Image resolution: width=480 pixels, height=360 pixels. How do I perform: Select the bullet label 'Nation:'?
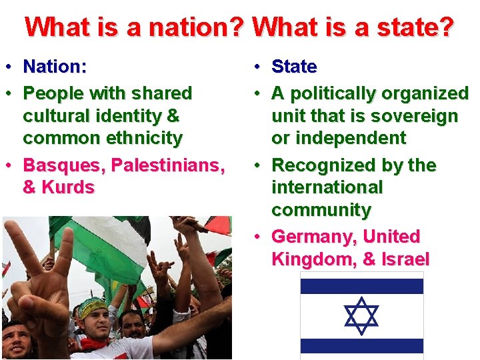(x=56, y=67)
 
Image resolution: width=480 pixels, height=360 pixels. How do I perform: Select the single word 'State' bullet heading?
(x=294, y=67)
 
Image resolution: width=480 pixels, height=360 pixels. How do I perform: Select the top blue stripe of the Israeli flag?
(x=361, y=286)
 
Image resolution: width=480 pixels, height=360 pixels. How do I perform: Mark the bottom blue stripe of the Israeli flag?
(x=361, y=346)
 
